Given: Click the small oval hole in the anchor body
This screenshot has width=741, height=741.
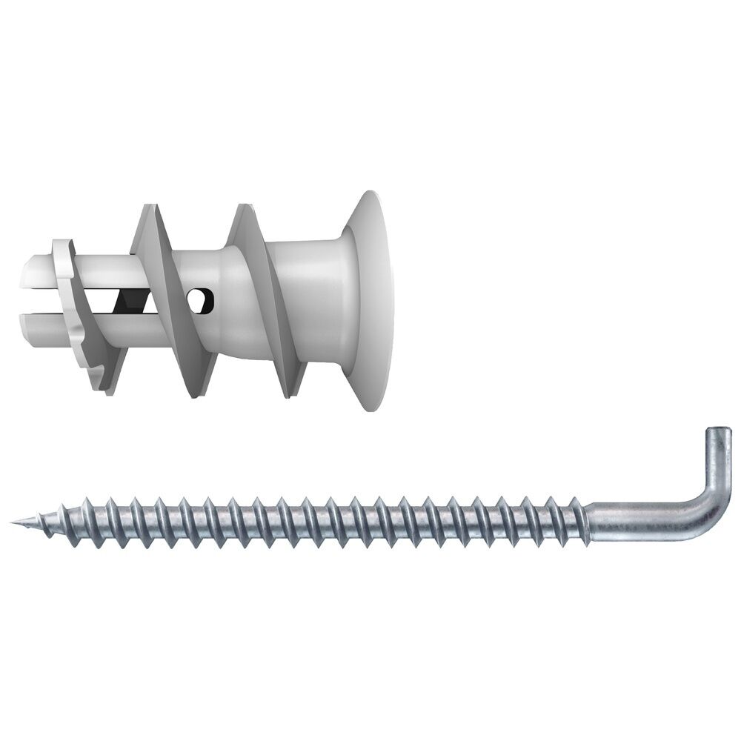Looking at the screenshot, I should [201, 299].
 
